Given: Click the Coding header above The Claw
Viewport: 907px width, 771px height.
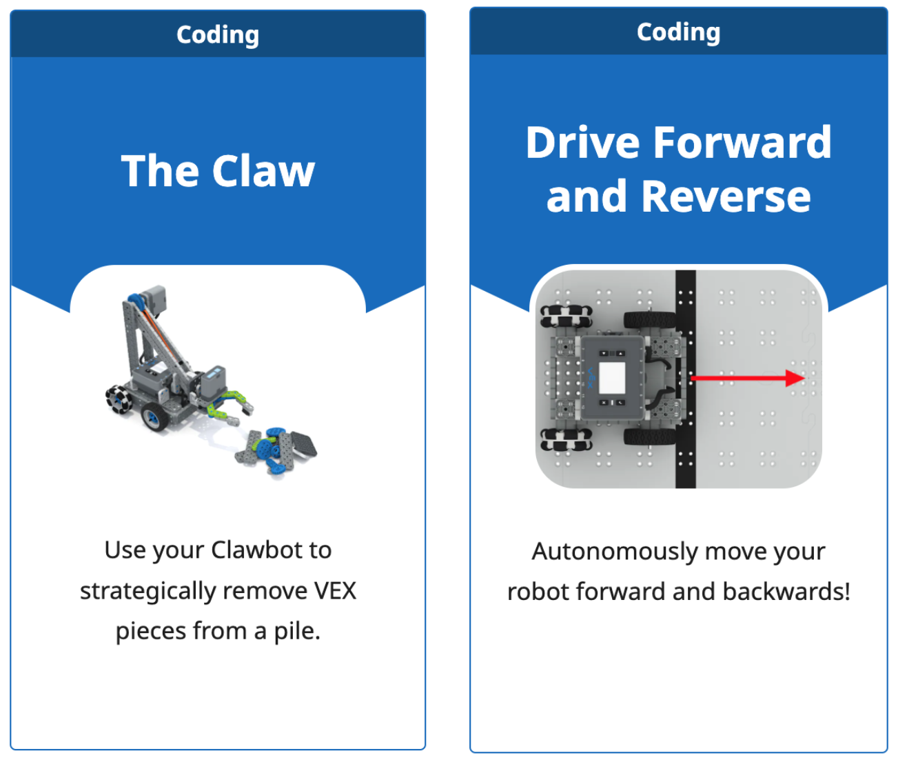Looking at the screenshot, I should coord(218,34).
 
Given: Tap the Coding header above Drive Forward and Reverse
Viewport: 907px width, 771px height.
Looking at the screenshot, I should coord(678,32).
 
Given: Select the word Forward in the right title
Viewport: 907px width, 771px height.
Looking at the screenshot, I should coord(742,142).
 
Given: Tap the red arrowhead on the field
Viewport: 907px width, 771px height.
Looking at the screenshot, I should coord(796,378).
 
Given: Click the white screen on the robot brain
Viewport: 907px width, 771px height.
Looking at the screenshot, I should coord(612,377).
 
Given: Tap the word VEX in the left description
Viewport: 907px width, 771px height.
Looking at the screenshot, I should coord(335,591).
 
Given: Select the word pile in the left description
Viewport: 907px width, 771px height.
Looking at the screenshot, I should coord(296,631).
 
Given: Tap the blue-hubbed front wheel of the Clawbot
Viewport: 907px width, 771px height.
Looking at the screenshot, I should coord(154,415).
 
